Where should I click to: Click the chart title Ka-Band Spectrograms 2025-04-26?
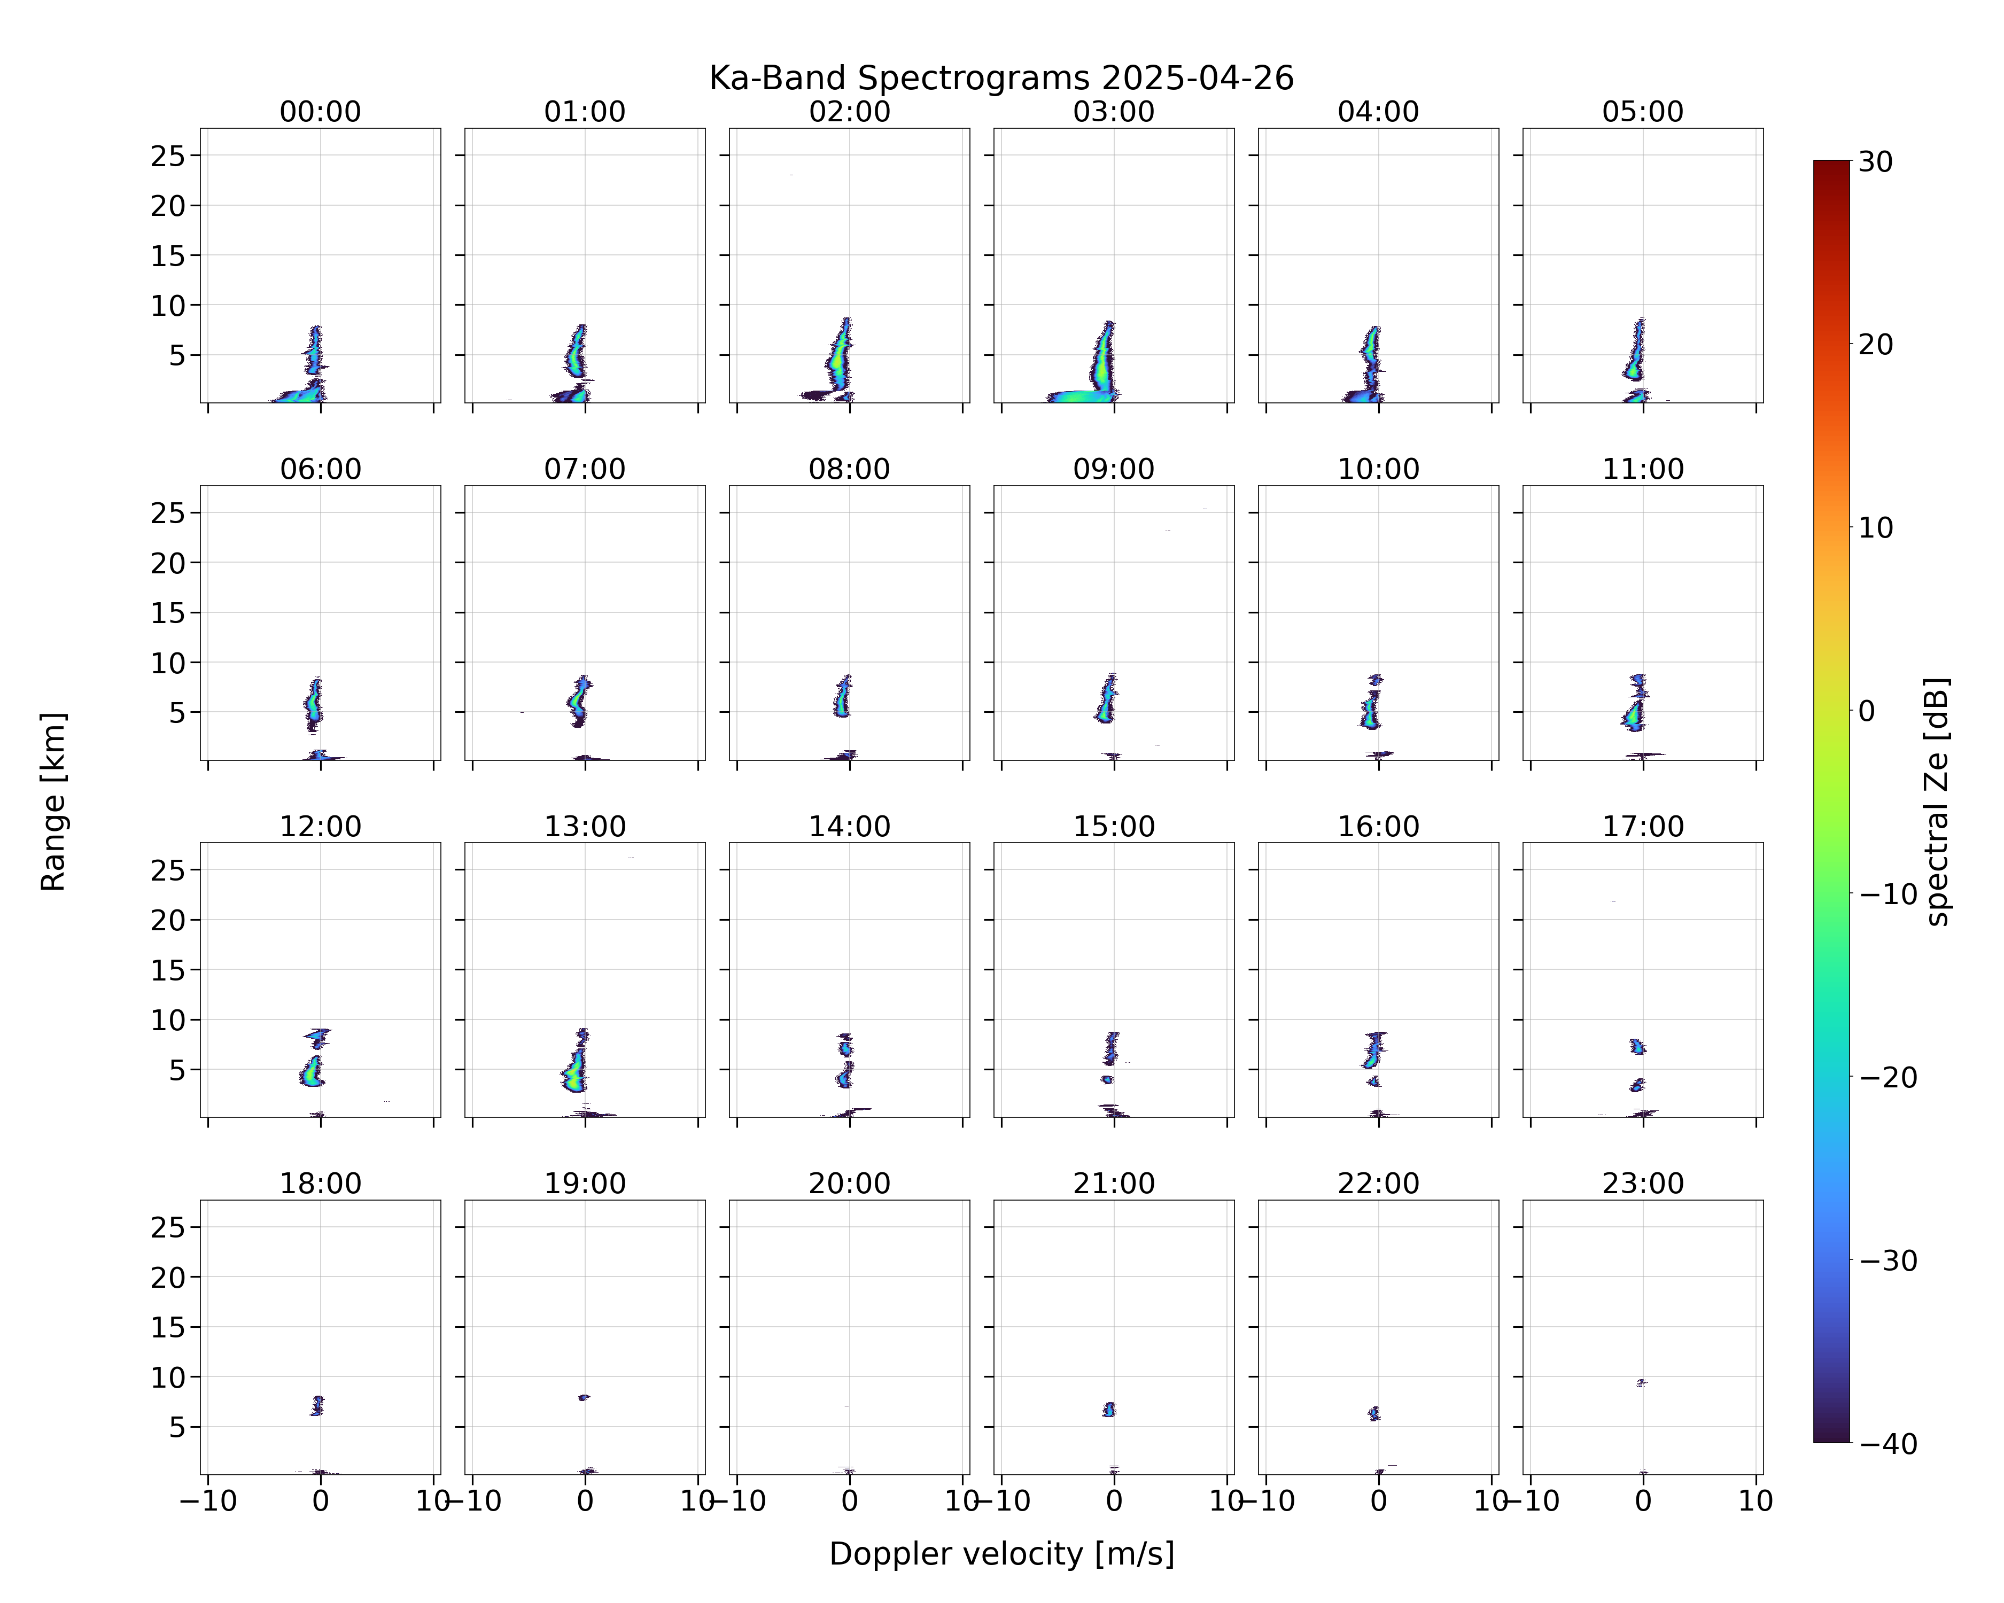[x=1001, y=78]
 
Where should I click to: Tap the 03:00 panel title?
[x=1114, y=112]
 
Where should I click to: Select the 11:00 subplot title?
[x=1642, y=469]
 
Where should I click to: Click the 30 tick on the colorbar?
[x=1876, y=162]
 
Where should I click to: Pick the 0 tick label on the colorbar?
[x=1867, y=711]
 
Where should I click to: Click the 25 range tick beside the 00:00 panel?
[x=168, y=156]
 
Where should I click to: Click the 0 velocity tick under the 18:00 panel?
[x=321, y=1501]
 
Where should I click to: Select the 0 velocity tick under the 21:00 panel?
[x=1114, y=1501]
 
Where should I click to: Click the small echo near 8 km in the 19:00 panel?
[x=584, y=1397]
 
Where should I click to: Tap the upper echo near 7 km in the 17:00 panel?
[x=1638, y=1046]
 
